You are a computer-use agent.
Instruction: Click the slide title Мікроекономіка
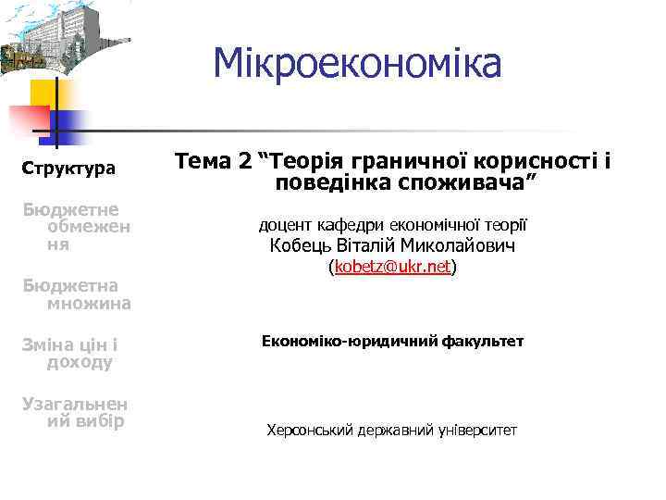[x=357, y=64]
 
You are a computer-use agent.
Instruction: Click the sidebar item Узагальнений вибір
[x=75, y=412]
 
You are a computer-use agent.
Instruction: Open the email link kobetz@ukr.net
[x=393, y=267]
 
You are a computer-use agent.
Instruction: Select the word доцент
[x=285, y=224]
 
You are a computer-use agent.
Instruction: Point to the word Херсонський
[x=309, y=431]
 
